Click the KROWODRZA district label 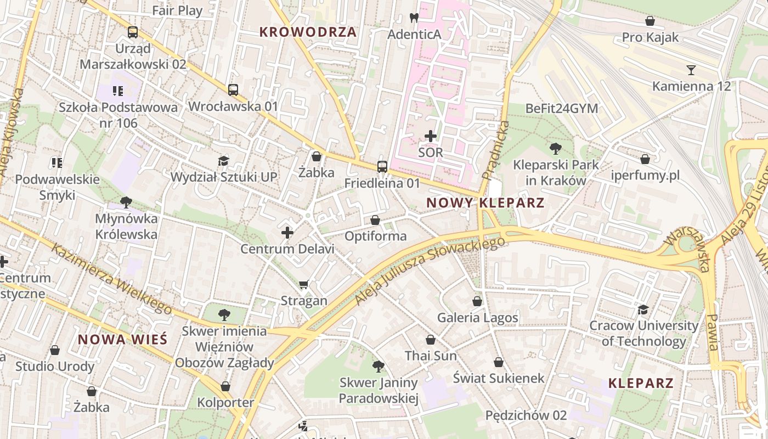[x=308, y=32]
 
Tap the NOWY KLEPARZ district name [x=485, y=202]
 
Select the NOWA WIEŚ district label [x=122, y=339]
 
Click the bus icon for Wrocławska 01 [x=233, y=89]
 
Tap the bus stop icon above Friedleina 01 [x=382, y=166]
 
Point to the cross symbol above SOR [x=431, y=136]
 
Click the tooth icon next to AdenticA [x=414, y=18]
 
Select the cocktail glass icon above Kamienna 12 [x=691, y=70]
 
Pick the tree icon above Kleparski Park [x=556, y=148]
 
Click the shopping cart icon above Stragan [x=304, y=284]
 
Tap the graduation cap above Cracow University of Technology [x=643, y=309]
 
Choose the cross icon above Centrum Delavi [x=287, y=233]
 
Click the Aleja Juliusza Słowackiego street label [x=430, y=271]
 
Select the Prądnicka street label [x=495, y=150]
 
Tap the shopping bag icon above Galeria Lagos [x=477, y=301]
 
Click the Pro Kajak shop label [x=650, y=37]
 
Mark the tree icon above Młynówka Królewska [x=126, y=202]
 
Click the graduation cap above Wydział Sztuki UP [x=223, y=161]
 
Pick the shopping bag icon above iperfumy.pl [x=645, y=159]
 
